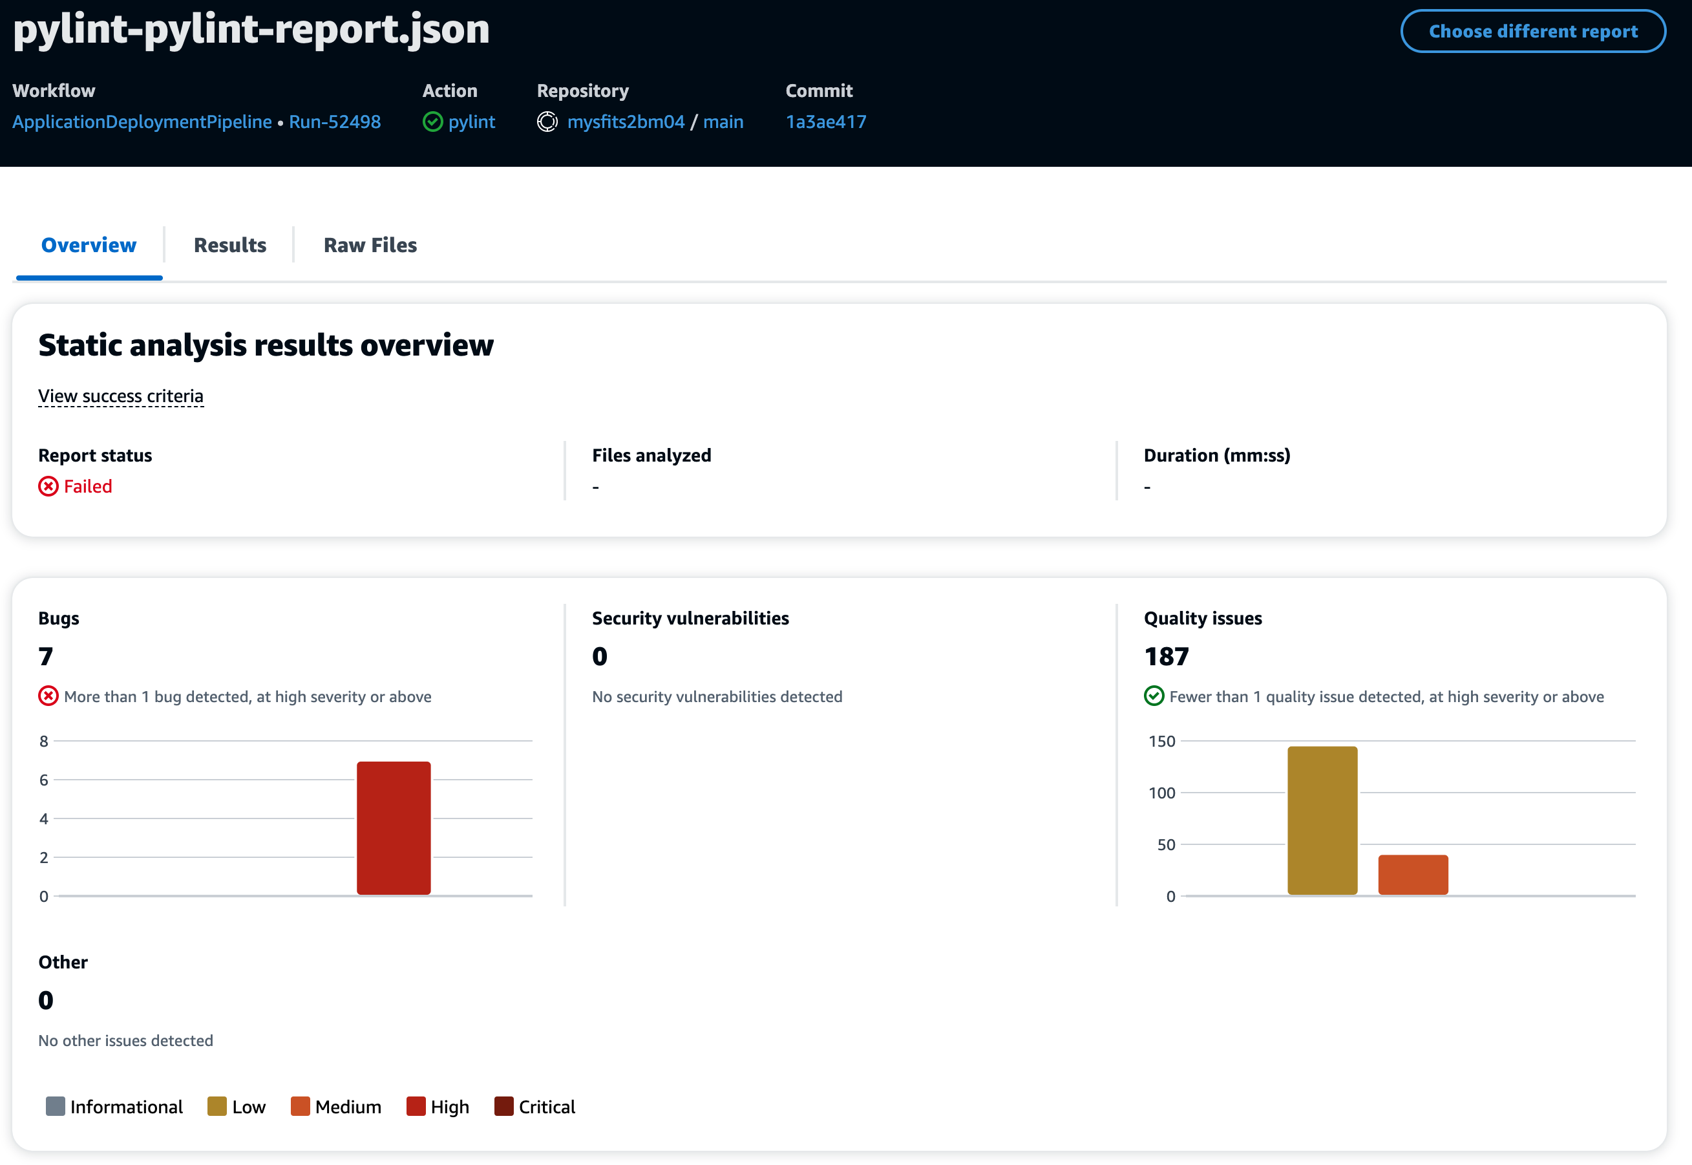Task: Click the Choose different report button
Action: (1532, 32)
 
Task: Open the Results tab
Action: (230, 245)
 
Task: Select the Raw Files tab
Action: (370, 245)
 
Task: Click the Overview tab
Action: (89, 245)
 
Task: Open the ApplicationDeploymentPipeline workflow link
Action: (142, 122)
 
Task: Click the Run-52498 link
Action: (335, 122)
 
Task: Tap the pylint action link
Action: (471, 122)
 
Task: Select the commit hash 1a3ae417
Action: (826, 122)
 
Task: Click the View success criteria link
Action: (121, 396)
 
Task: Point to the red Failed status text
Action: (87, 486)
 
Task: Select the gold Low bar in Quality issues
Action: (1322, 820)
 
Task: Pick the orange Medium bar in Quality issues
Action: (1413, 875)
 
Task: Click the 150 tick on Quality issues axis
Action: (1161, 742)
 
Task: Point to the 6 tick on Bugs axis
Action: (45, 780)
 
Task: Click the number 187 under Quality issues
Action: (1166, 656)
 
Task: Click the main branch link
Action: (723, 122)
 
